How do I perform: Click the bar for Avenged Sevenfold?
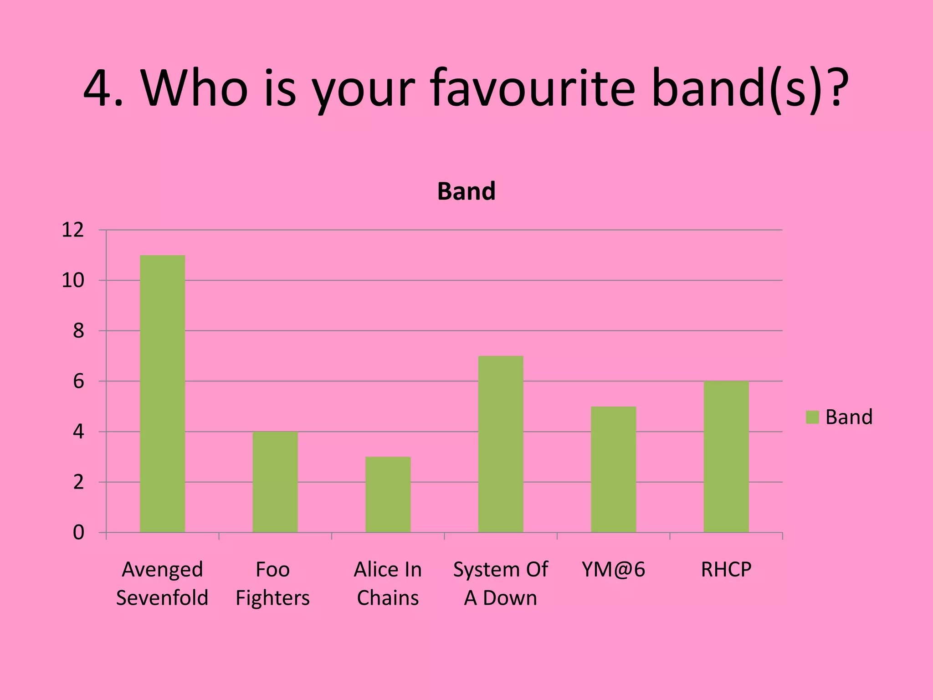point(162,394)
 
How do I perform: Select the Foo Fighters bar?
point(275,482)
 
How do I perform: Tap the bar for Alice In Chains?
point(388,494)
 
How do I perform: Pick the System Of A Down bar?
point(501,444)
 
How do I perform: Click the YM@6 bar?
point(613,469)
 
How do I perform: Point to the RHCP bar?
point(726,457)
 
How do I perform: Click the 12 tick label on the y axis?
point(73,230)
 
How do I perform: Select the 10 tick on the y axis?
point(73,280)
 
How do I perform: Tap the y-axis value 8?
point(78,331)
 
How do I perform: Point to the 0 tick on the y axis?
point(78,532)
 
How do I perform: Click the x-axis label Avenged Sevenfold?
point(162,583)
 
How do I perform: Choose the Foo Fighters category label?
point(272,583)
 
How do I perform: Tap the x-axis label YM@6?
point(613,570)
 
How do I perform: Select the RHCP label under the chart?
point(726,570)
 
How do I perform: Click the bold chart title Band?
point(466,191)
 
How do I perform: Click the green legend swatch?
point(812,417)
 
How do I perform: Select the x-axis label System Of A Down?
point(501,583)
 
